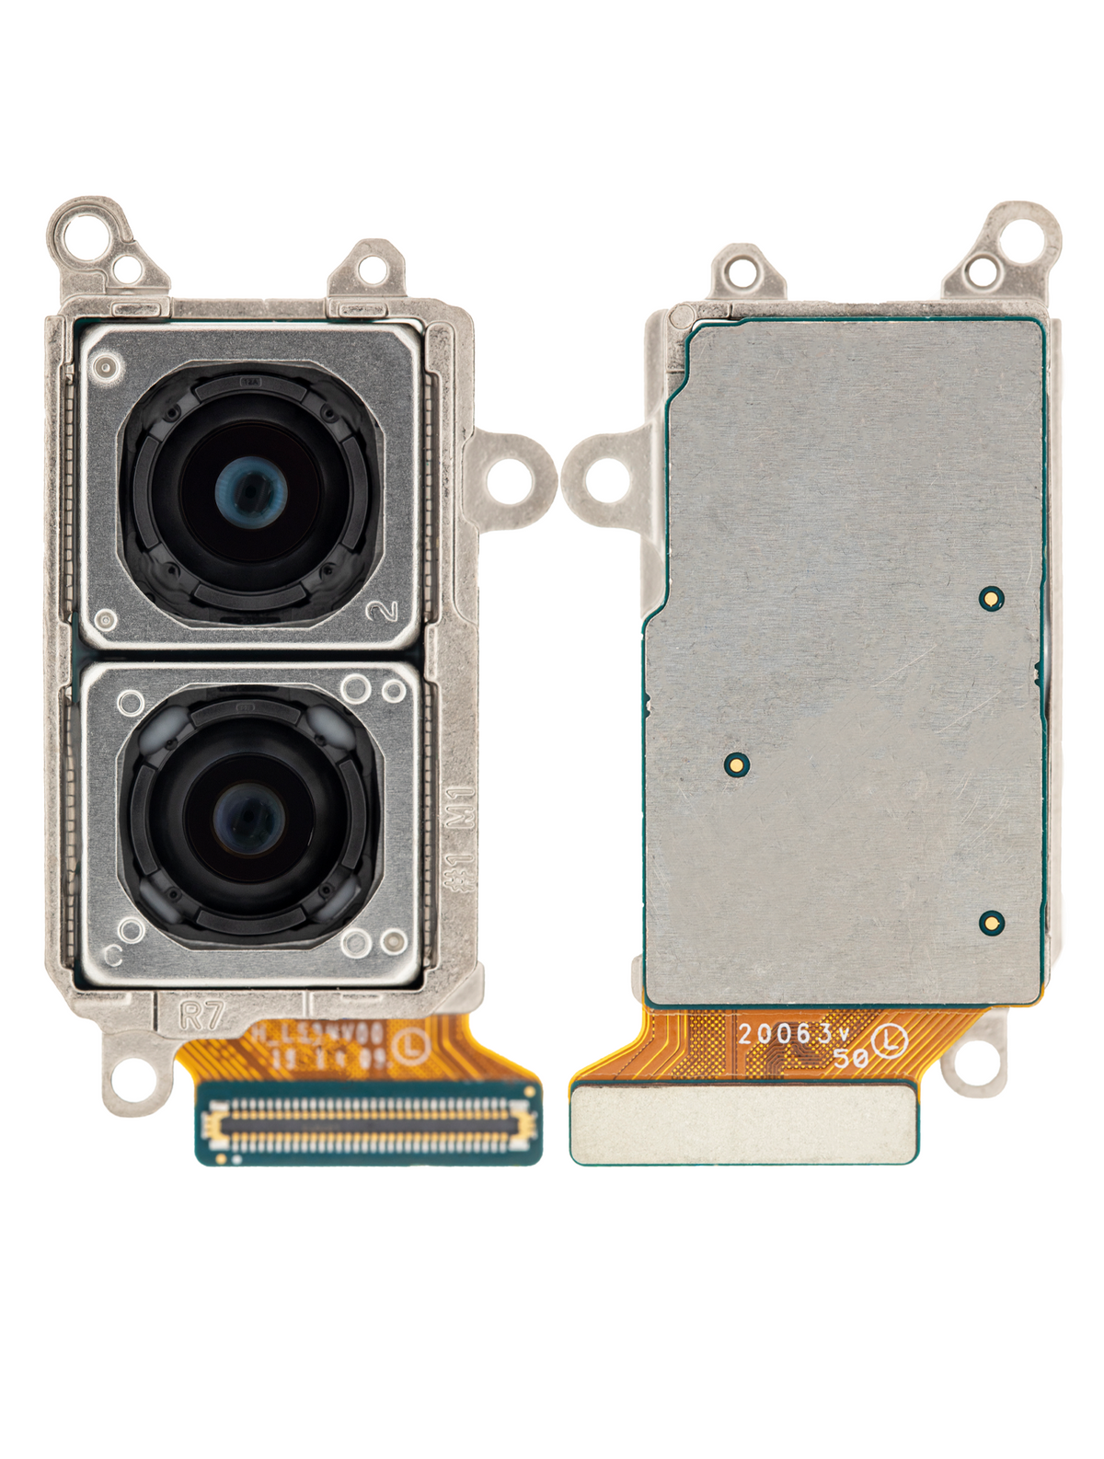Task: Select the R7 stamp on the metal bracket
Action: point(202,1017)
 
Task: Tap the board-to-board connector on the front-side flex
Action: point(368,1125)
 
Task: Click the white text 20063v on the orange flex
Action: point(786,1033)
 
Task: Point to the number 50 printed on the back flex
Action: point(851,1058)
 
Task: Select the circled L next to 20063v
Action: point(891,1042)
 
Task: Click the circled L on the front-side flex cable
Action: point(408,1046)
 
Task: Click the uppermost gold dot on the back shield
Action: point(991,598)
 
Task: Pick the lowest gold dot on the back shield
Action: point(991,921)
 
